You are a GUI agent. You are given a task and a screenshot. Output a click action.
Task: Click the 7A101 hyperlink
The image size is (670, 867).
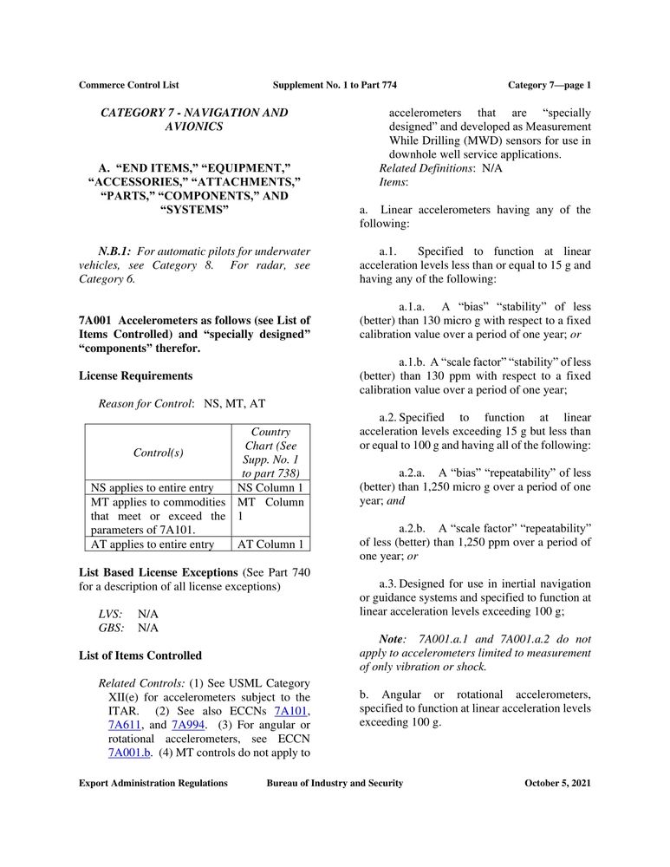(x=289, y=711)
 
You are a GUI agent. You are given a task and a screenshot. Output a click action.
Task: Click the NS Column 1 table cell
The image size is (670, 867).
(x=270, y=487)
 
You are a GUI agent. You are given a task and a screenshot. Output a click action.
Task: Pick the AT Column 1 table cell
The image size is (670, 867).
(x=270, y=544)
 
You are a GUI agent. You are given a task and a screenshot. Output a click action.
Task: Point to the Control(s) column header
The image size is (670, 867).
(x=158, y=453)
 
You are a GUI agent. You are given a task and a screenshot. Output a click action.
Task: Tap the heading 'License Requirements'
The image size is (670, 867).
(x=135, y=376)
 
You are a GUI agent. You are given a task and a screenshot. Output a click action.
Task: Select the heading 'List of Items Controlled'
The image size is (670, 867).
(x=140, y=655)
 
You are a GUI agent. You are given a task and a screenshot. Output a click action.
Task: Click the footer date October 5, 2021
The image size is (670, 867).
(x=557, y=783)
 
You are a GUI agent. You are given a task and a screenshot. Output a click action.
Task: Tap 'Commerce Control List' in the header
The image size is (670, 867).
(x=128, y=85)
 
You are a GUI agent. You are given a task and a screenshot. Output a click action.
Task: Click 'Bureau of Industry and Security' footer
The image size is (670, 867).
(x=335, y=783)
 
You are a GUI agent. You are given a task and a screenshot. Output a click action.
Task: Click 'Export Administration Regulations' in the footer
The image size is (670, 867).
(x=153, y=783)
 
